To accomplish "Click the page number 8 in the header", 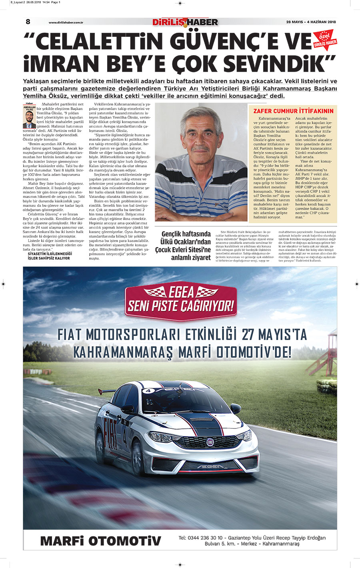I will click(28, 22).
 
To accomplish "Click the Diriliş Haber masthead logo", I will click(185, 22).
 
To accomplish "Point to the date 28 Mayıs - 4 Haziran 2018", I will click(311, 22).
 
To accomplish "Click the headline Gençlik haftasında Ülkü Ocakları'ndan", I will click(186, 238).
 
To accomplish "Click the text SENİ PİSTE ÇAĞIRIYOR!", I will click(180, 306).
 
